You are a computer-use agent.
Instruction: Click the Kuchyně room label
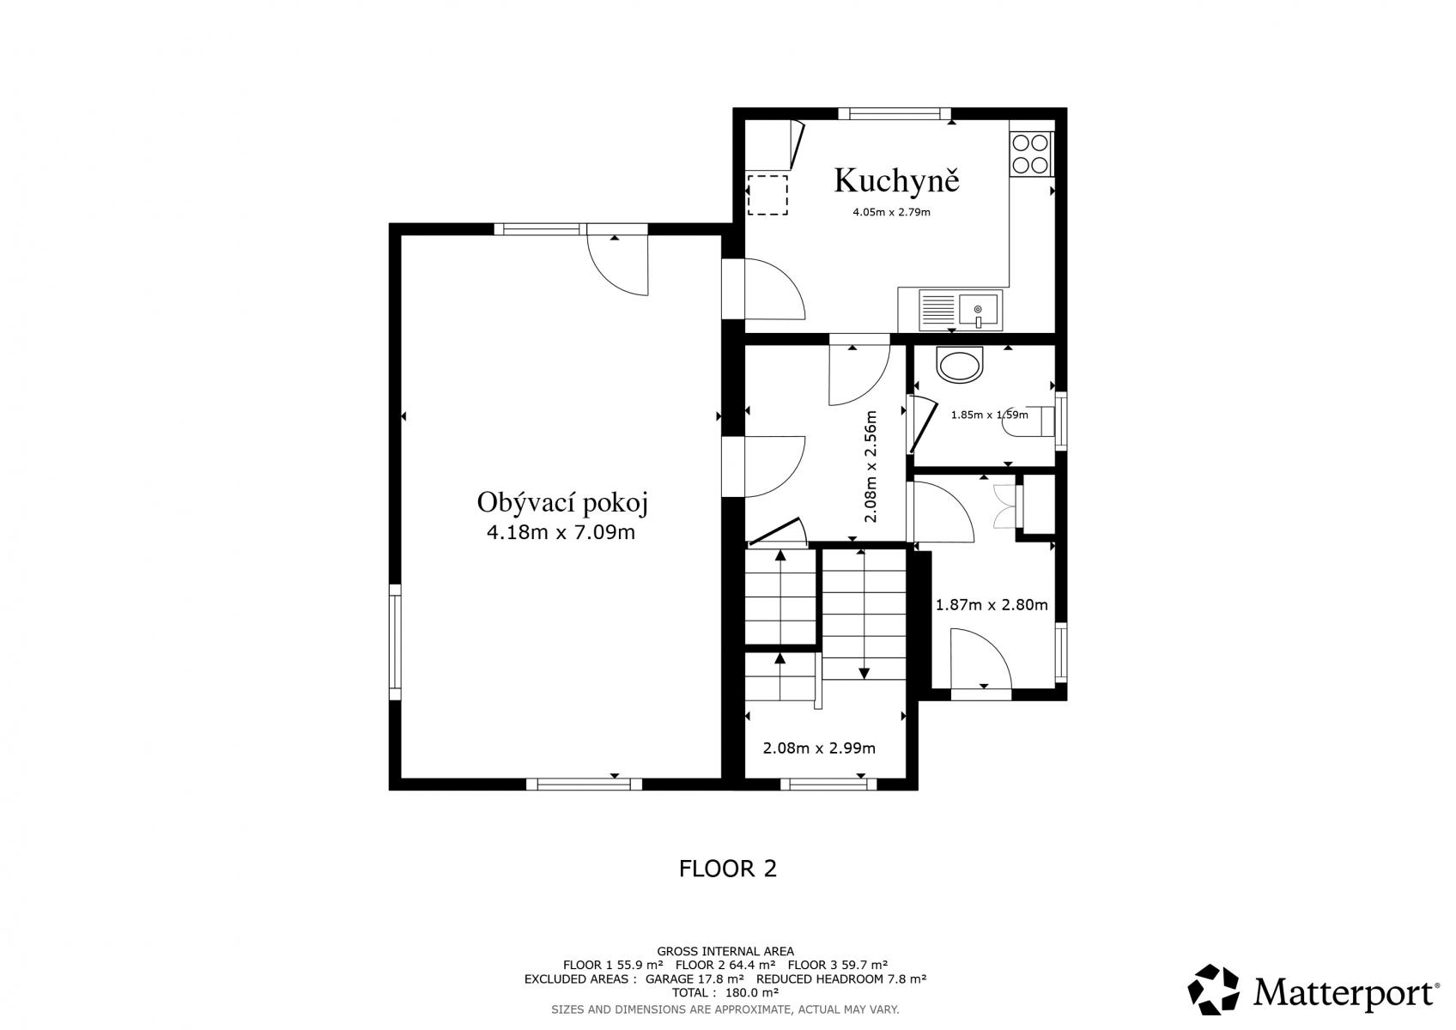pos(896,180)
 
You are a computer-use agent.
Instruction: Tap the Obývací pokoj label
pos(563,503)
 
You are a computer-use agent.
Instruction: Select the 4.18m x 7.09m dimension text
pos(561,533)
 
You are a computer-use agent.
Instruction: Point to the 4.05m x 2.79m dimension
pos(891,212)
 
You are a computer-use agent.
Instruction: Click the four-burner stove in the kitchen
pos(1031,154)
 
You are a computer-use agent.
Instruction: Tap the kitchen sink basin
pos(979,310)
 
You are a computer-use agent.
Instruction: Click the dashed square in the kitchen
pos(767,194)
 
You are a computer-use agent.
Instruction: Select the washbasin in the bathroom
pos(960,365)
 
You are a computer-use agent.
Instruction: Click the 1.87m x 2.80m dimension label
pos(992,605)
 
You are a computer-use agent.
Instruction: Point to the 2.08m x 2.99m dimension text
pos(819,748)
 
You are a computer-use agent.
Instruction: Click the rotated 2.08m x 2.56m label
pos(871,467)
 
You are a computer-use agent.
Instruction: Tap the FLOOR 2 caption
pos(728,869)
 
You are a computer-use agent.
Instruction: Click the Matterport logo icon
pos(1213,989)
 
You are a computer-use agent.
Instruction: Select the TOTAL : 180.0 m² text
pos(725,992)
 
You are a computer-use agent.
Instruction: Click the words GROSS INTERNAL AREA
pos(725,951)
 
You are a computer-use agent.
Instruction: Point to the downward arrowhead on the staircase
pos(864,673)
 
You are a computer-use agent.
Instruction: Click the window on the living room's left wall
pos(395,642)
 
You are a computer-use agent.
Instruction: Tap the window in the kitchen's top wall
pos(895,113)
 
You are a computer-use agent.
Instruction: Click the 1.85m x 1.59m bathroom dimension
pos(989,415)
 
